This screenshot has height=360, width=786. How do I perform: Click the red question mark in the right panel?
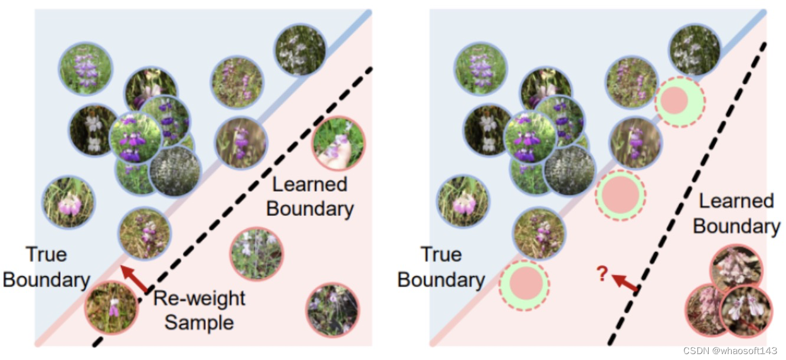click(x=602, y=273)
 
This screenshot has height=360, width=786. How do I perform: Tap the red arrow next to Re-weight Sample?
click(x=135, y=279)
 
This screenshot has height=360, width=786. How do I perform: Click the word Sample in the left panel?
click(x=199, y=322)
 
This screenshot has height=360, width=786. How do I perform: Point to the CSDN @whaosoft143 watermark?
click(x=734, y=351)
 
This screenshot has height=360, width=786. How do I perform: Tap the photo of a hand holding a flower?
click(x=339, y=143)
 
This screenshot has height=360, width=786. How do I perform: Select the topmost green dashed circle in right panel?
click(x=679, y=102)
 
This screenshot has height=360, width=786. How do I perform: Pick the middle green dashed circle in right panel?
click(x=620, y=194)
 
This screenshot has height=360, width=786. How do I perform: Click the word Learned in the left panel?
click(x=310, y=185)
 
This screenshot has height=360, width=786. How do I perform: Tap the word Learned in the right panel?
click(x=736, y=201)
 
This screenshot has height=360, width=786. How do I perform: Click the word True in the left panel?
click(x=47, y=255)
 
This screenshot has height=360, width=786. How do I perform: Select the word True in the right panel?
click(x=441, y=255)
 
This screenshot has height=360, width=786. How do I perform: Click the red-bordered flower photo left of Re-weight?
click(x=111, y=307)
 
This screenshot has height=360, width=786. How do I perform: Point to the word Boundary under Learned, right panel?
click(x=736, y=227)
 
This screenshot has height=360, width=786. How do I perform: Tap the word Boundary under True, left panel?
click(x=47, y=280)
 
